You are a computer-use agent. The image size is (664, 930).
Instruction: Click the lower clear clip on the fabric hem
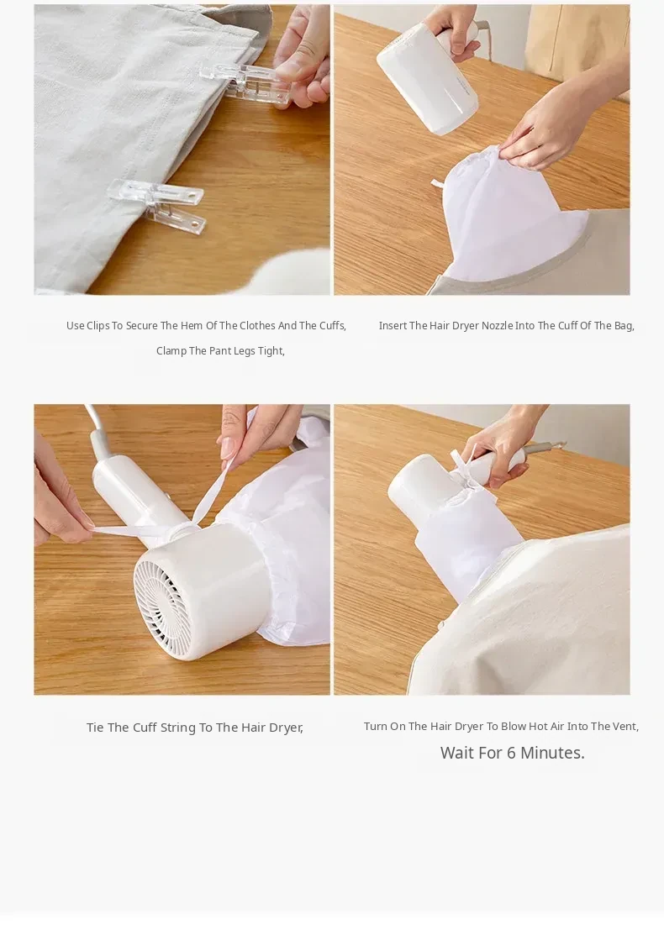158,205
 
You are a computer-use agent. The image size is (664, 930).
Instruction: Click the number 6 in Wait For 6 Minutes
512,753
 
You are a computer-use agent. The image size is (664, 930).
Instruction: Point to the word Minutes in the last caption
552,753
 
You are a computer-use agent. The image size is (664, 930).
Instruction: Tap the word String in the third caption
178,728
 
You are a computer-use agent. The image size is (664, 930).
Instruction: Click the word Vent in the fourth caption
624,726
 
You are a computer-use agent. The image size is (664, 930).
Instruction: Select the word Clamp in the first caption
171,351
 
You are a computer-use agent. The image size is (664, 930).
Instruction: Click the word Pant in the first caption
219,351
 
